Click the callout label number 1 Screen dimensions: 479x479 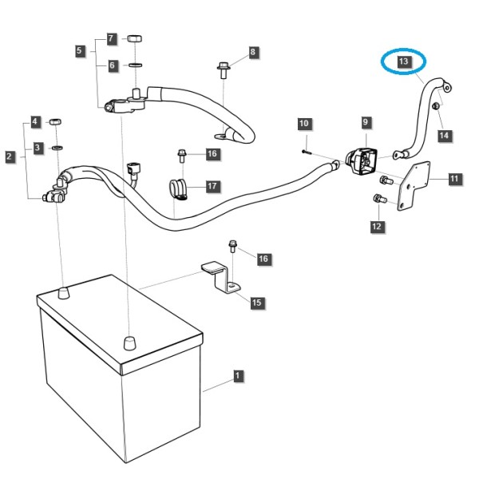coord(238,376)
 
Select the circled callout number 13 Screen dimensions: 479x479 coord(403,61)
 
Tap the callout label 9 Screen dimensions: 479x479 coord(366,122)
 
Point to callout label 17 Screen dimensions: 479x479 coord(212,186)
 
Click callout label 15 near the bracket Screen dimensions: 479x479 coord(256,303)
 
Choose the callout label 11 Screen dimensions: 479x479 coord(454,178)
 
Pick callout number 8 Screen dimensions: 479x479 coord(252,52)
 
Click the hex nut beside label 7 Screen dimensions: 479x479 coord(134,39)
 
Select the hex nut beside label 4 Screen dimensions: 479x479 coord(55,121)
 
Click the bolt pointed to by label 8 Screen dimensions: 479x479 coord(224,70)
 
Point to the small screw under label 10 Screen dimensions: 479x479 coord(306,152)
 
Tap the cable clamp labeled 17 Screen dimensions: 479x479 coord(179,190)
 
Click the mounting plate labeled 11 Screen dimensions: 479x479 coord(414,186)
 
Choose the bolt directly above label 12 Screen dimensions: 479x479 coord(380,199)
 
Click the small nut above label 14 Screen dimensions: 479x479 coord(436,106)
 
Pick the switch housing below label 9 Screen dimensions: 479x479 coord(361,161)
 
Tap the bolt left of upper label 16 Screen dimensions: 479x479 coord(182,156)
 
